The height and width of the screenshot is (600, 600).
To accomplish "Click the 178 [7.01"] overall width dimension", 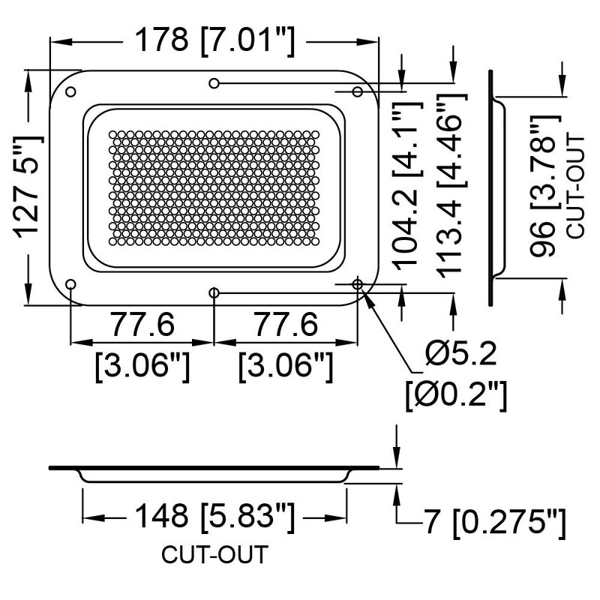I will point(214,39).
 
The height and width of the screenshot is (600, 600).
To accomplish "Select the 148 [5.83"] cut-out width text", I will point(214,517).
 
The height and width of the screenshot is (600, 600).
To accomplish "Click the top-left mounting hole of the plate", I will point(71,91).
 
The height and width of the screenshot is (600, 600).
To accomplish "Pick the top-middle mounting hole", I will point(214,82).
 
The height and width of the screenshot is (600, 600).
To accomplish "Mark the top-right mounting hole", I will point(358,91).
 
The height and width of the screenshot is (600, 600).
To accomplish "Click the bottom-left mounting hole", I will point(71,284).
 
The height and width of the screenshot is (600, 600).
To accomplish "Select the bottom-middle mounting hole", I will point(214,292).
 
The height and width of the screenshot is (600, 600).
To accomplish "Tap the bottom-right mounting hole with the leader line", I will point(358,284).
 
